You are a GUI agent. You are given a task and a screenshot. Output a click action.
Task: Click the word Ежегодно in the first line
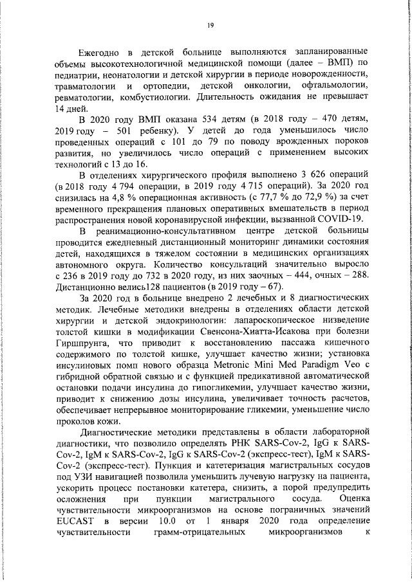pyautogui.click(x=100, y=51)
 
